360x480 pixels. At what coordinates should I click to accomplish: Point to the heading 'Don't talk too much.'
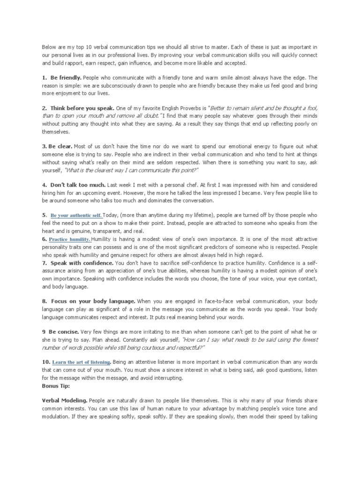(76, 185)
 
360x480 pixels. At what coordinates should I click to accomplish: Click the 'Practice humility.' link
(69, 239)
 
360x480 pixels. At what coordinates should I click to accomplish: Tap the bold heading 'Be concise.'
(65, 332)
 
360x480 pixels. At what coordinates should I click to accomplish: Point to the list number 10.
(45, 362)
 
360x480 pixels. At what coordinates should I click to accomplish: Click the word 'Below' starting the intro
(49, 47)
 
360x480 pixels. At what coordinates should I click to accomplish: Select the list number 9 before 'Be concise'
(44, 332)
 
